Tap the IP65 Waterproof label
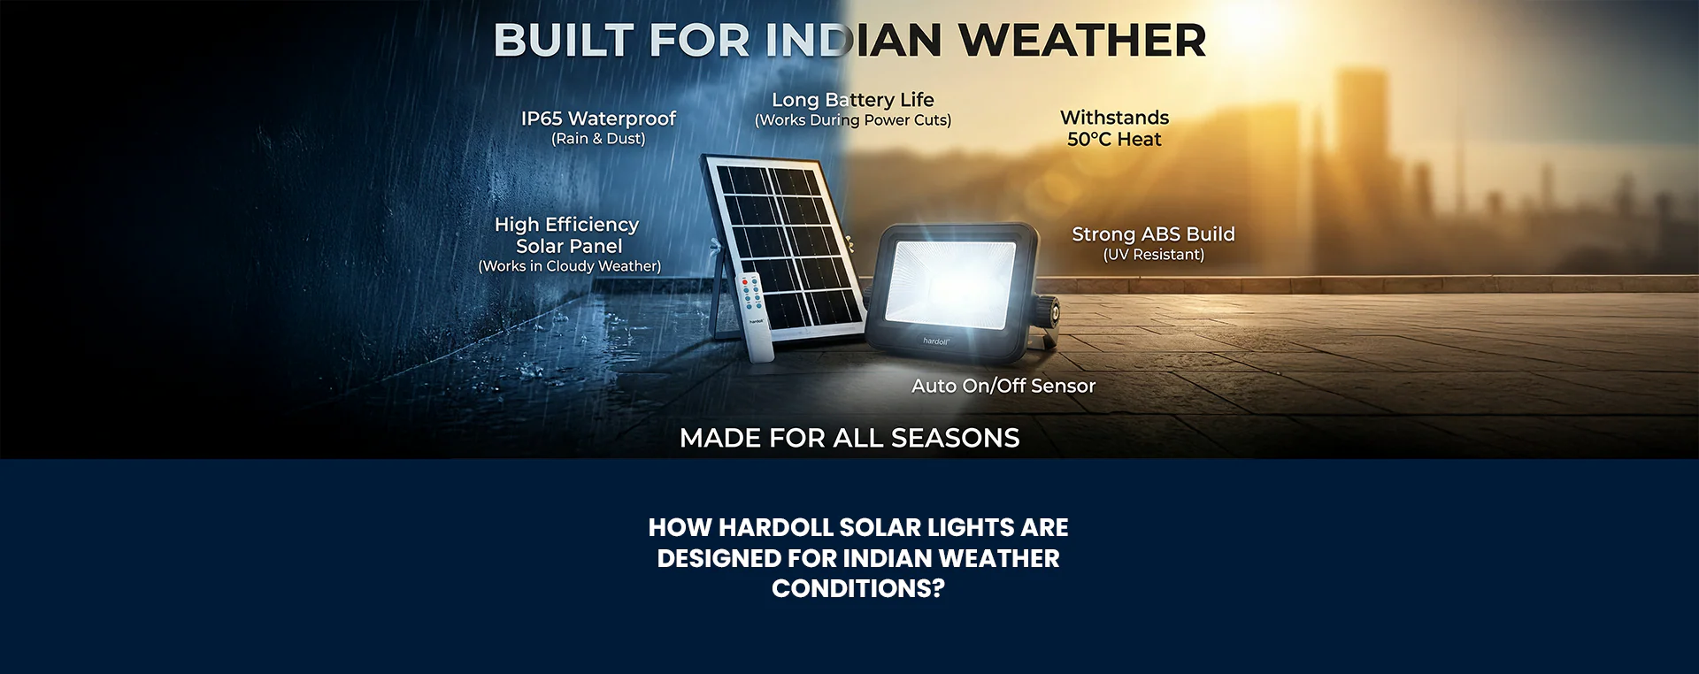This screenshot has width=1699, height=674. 598,119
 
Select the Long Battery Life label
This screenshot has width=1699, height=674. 852,100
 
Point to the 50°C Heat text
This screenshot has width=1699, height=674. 1114,140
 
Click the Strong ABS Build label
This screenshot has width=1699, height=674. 1153,234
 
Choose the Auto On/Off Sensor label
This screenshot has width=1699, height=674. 1003,386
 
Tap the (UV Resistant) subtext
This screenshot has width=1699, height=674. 1153,255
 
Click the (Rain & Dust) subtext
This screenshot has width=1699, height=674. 598,139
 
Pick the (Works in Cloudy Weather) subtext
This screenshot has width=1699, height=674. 569,266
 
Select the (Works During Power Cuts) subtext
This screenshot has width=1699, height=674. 852,120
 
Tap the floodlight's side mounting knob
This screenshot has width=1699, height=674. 1053,310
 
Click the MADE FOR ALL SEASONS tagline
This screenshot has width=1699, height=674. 849,438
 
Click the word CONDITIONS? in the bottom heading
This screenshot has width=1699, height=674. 857,589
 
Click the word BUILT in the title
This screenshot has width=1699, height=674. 563,41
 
